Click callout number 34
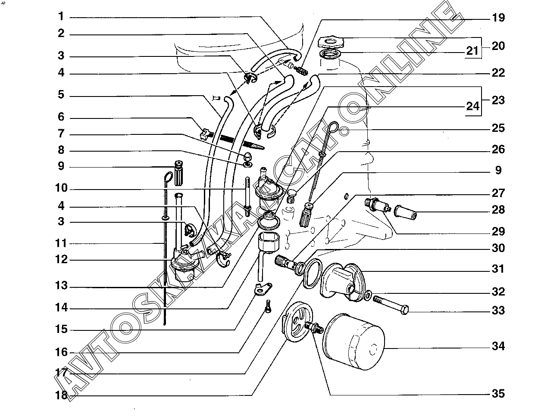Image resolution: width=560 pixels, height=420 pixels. click(498, 346)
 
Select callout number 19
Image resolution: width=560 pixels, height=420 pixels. click(498, 18)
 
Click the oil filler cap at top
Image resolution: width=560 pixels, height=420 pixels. click(331, 43)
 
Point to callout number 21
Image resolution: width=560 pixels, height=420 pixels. click(472, 52)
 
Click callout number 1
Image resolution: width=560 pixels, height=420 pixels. click(61, 17)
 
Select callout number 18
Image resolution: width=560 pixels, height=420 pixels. click(62, 395)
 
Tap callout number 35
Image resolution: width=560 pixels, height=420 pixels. click(498, 394)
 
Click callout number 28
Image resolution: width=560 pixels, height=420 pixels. click(498, 210)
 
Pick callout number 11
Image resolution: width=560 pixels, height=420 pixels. click(62, 243)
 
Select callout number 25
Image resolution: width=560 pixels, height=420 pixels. click(498, 128)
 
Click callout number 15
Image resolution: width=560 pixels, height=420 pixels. click(62, 330)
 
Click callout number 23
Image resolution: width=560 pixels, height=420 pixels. click(498, 100)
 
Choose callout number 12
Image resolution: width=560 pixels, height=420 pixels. click(62, 260)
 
